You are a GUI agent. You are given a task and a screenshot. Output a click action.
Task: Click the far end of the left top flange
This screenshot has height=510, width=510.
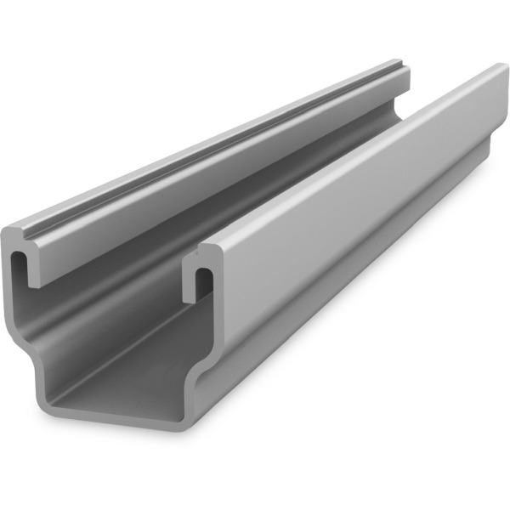401,68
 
